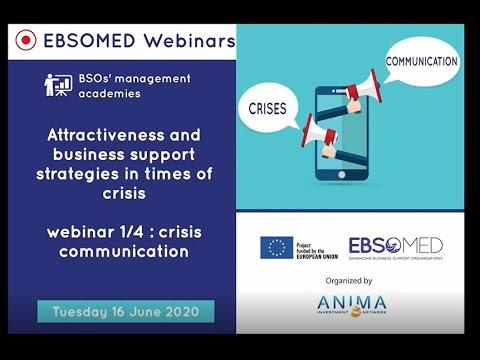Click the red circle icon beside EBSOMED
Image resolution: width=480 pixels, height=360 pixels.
(x=27, y=40)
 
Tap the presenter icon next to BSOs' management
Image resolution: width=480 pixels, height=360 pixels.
(x=57, y=85)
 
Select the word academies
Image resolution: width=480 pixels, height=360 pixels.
(x=110, y=94)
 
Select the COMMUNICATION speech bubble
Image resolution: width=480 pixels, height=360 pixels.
(x=421, y=62)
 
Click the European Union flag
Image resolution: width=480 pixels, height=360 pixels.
(x=277, y=247)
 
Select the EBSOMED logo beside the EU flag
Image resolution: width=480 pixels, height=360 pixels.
(x=395, y=247)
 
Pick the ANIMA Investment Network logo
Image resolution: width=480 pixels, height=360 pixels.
(x=351, y=305)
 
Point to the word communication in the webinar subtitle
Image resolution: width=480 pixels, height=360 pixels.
(x=123, y=251)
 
